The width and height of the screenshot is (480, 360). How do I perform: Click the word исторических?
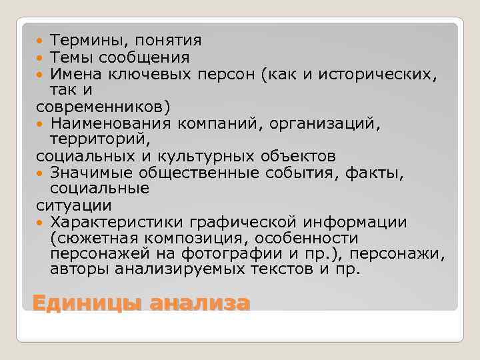381,74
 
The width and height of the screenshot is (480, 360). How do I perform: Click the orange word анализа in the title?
199,304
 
